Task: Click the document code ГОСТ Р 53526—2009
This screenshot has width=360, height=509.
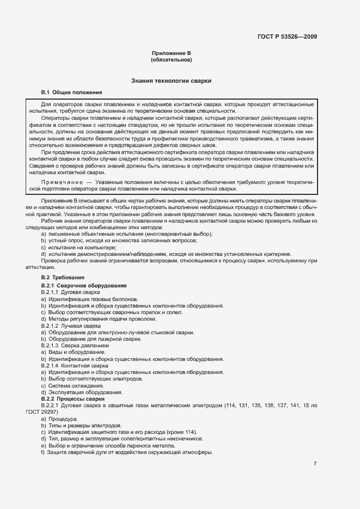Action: point(286,37)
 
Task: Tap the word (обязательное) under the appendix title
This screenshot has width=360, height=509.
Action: point(171,60)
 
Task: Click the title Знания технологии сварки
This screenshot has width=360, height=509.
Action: point(171,81)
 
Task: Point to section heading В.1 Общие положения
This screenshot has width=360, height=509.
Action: point(71,93)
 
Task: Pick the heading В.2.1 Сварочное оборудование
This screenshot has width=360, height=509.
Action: point(84,285)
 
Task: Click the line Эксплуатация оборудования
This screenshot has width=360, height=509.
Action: point(79,392)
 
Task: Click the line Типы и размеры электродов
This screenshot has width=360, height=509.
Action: point(81,425)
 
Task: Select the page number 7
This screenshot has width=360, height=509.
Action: point(315,464)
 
